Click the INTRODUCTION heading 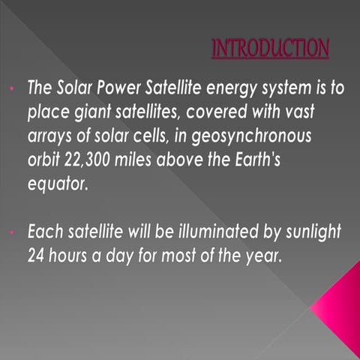point(270,49)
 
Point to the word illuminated point(211,233)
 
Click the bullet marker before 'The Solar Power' point(13,88)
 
